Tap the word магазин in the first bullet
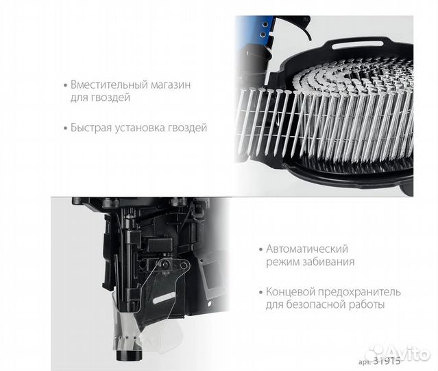(171, 85)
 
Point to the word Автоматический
(307, 249)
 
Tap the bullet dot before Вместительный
(66, 85)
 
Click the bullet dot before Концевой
(261, 292)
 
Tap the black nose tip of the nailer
(129, 355)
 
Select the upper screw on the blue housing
(263, 25)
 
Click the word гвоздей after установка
(187, 128)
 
